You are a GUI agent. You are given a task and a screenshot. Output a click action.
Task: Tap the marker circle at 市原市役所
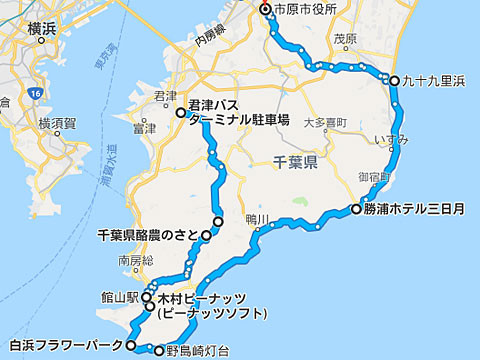(265, 10)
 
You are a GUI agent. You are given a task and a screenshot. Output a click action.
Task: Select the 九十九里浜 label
(434, 81)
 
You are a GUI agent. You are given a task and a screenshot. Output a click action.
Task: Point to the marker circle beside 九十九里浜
(395, 81)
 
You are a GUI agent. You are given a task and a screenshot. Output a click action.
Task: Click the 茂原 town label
(345, 40)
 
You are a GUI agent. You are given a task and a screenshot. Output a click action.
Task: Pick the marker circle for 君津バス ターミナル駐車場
(181, 113)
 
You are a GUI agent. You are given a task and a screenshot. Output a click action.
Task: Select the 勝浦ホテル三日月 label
(415, 210)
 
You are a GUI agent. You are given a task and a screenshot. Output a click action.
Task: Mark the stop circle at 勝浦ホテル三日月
(356, 210)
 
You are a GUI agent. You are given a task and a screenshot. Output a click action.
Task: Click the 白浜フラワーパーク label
(63, 346)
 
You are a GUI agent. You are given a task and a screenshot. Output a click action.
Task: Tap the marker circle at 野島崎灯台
(157, 351)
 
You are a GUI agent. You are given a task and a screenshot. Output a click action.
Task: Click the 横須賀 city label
(58, 123)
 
